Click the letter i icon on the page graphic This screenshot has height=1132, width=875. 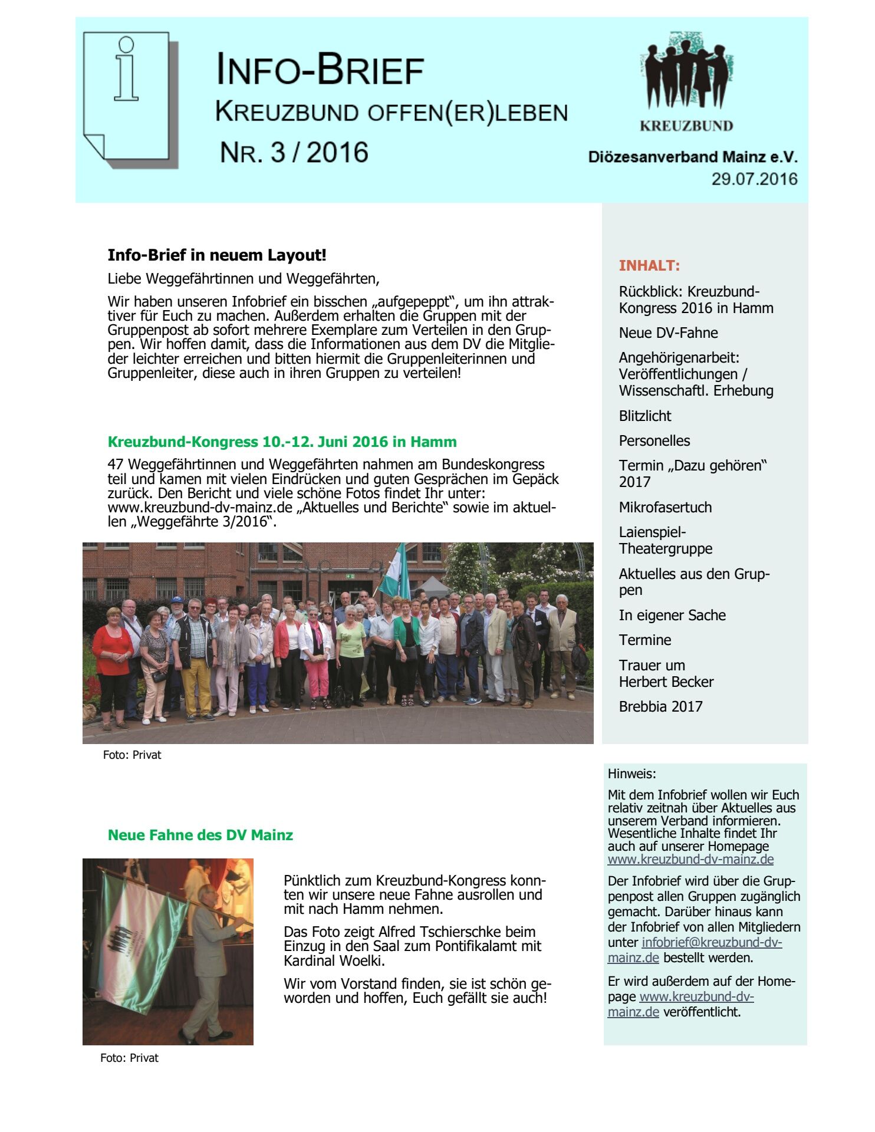click(x=126, y=69)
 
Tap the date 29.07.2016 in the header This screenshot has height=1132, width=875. click(x=754, y=179)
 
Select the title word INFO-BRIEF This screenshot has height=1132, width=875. click(x=320, y=70)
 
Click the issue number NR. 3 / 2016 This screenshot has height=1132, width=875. click(x=294, y=153)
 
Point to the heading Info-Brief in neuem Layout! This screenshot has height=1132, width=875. click(x=216, y=255)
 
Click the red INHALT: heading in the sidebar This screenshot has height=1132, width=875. click(x=649, y=265)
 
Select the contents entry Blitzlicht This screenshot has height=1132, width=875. click(x=644, y=416)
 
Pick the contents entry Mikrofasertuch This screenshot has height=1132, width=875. click(x=665, y=507)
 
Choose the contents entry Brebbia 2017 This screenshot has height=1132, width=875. click(x=660, y=706)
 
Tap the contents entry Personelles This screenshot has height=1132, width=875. click(x=654, y=440)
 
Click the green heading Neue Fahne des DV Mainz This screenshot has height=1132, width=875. click(x=200, y=835)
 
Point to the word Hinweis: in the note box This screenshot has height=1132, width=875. click(x=631, y=774)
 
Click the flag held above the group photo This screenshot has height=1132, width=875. click(x=396, y=572)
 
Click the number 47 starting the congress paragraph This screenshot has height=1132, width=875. click(x=116, y=465)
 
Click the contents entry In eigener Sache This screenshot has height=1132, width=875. click(x=672, y=615)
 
